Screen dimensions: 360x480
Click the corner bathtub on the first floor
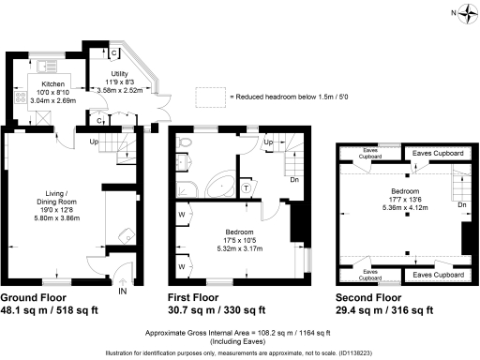point(220,183)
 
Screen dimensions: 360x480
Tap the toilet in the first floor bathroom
point(186,143)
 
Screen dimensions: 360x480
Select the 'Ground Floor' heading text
point(38,298)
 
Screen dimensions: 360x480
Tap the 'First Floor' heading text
point(199,298)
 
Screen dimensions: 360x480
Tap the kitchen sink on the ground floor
point(43,66)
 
